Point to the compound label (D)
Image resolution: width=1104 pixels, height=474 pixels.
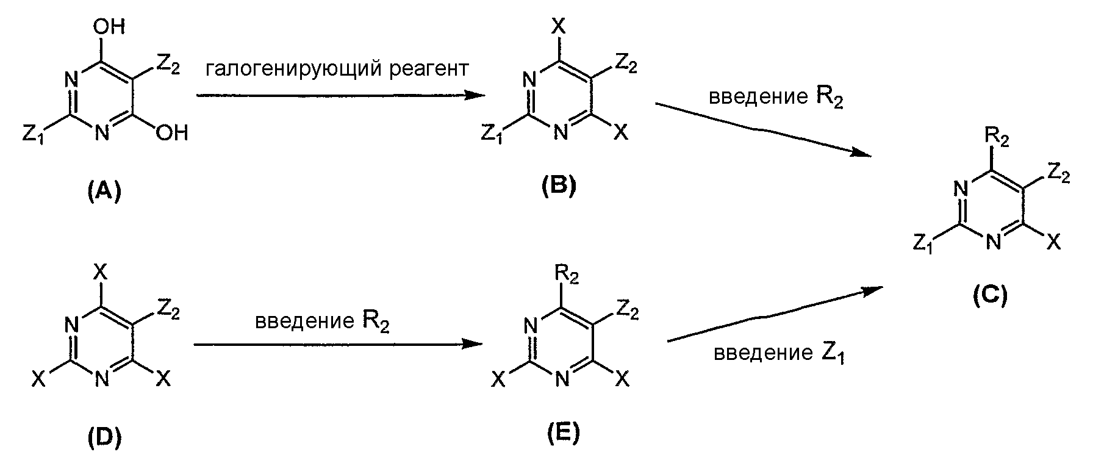(x=104, y=437)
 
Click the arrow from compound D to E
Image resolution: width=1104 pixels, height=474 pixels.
(x=335, y=344)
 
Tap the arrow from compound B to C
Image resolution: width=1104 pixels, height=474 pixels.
(x=763, y=129)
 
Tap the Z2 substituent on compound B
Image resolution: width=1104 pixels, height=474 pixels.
(x=626, y=64)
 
